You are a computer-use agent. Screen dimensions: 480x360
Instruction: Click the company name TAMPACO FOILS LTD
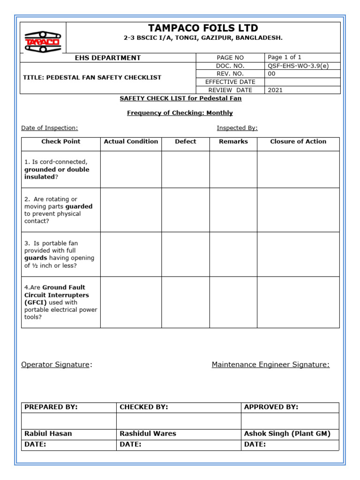203,28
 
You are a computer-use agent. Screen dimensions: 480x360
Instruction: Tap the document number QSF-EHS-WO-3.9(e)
298,66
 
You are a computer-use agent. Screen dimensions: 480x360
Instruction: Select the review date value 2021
275,90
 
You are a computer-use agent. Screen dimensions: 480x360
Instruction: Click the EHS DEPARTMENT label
108,58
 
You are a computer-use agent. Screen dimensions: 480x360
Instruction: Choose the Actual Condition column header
131,142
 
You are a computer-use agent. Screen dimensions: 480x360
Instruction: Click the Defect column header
186,142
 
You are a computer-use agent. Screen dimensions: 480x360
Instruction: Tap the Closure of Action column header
298,142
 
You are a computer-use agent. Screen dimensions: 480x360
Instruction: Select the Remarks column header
233,142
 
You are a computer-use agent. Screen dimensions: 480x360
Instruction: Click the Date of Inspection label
50,128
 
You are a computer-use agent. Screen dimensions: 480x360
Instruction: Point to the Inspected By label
237,128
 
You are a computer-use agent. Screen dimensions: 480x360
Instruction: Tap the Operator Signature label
55,365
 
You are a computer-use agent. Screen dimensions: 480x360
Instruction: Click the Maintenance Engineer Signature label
270,365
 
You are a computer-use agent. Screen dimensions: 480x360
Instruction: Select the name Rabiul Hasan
48,434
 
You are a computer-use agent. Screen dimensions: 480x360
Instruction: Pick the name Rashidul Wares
148,434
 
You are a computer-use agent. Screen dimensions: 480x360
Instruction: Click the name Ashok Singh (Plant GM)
287,434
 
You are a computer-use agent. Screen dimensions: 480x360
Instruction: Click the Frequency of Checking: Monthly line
180,113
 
